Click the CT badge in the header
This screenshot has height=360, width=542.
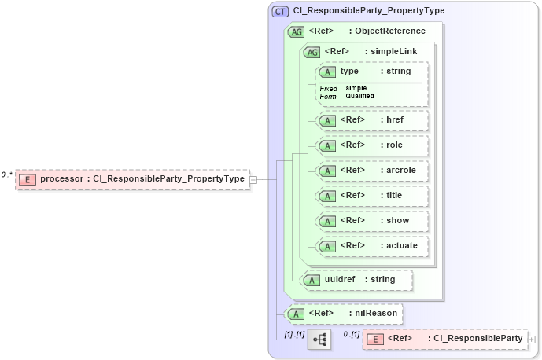coord(279,11)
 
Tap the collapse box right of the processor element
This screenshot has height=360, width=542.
coord(253,179)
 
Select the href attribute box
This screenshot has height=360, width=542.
coord(372,120)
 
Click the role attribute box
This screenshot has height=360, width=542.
coord(372,145)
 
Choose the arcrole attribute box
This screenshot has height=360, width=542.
coord(372,171)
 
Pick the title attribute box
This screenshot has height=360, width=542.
coord(372,196)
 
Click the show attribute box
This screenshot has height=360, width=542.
coord(372,221)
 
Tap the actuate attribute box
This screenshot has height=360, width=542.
coord(372,246)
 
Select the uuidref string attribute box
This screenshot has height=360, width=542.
coord(358,279)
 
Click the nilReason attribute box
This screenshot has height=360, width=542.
coord(344,314)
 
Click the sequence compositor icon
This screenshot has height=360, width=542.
coord(320,340)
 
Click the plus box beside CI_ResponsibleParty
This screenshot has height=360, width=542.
coord(533,340)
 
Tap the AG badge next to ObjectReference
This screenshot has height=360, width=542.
coord(297,31)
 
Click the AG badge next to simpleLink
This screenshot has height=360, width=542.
coord(312,52)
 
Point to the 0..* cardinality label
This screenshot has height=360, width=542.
coord(7,174)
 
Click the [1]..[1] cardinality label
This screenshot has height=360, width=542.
coord(295,334)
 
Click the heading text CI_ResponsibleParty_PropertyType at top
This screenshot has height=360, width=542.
coord(368,11)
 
